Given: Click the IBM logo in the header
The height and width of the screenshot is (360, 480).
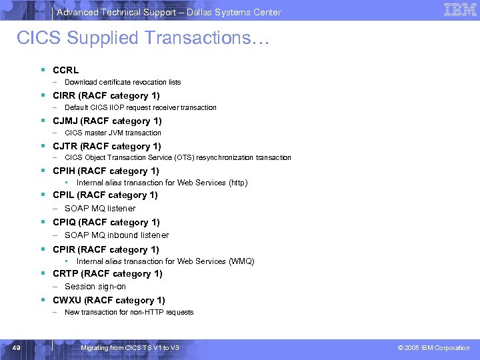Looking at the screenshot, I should tap(460, 10).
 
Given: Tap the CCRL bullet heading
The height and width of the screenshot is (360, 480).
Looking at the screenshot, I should tap(65, 70).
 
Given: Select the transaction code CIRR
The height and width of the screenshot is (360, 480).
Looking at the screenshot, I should tap(65, 95).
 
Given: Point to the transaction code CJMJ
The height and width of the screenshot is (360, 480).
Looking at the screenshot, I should tap(65, 121).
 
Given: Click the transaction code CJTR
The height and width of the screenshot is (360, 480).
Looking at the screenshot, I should tap(65, 146).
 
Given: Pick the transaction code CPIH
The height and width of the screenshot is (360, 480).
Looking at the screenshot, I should tap(64, 171).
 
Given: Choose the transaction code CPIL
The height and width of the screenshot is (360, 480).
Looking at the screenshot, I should tap(64, 195).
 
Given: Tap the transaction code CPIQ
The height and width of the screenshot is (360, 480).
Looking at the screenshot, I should tap(65, 222).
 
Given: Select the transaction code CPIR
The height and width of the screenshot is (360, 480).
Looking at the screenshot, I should tap(65, 249).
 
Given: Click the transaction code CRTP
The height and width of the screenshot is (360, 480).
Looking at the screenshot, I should tap(65, 273).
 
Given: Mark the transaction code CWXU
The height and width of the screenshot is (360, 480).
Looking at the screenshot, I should tap(67, 300).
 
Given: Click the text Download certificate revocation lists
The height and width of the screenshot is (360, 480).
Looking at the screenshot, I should tap(123, 83).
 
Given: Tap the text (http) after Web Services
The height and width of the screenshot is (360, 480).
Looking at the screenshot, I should tap(237, 183).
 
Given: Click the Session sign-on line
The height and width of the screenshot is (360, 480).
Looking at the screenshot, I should tap(95, 287).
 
